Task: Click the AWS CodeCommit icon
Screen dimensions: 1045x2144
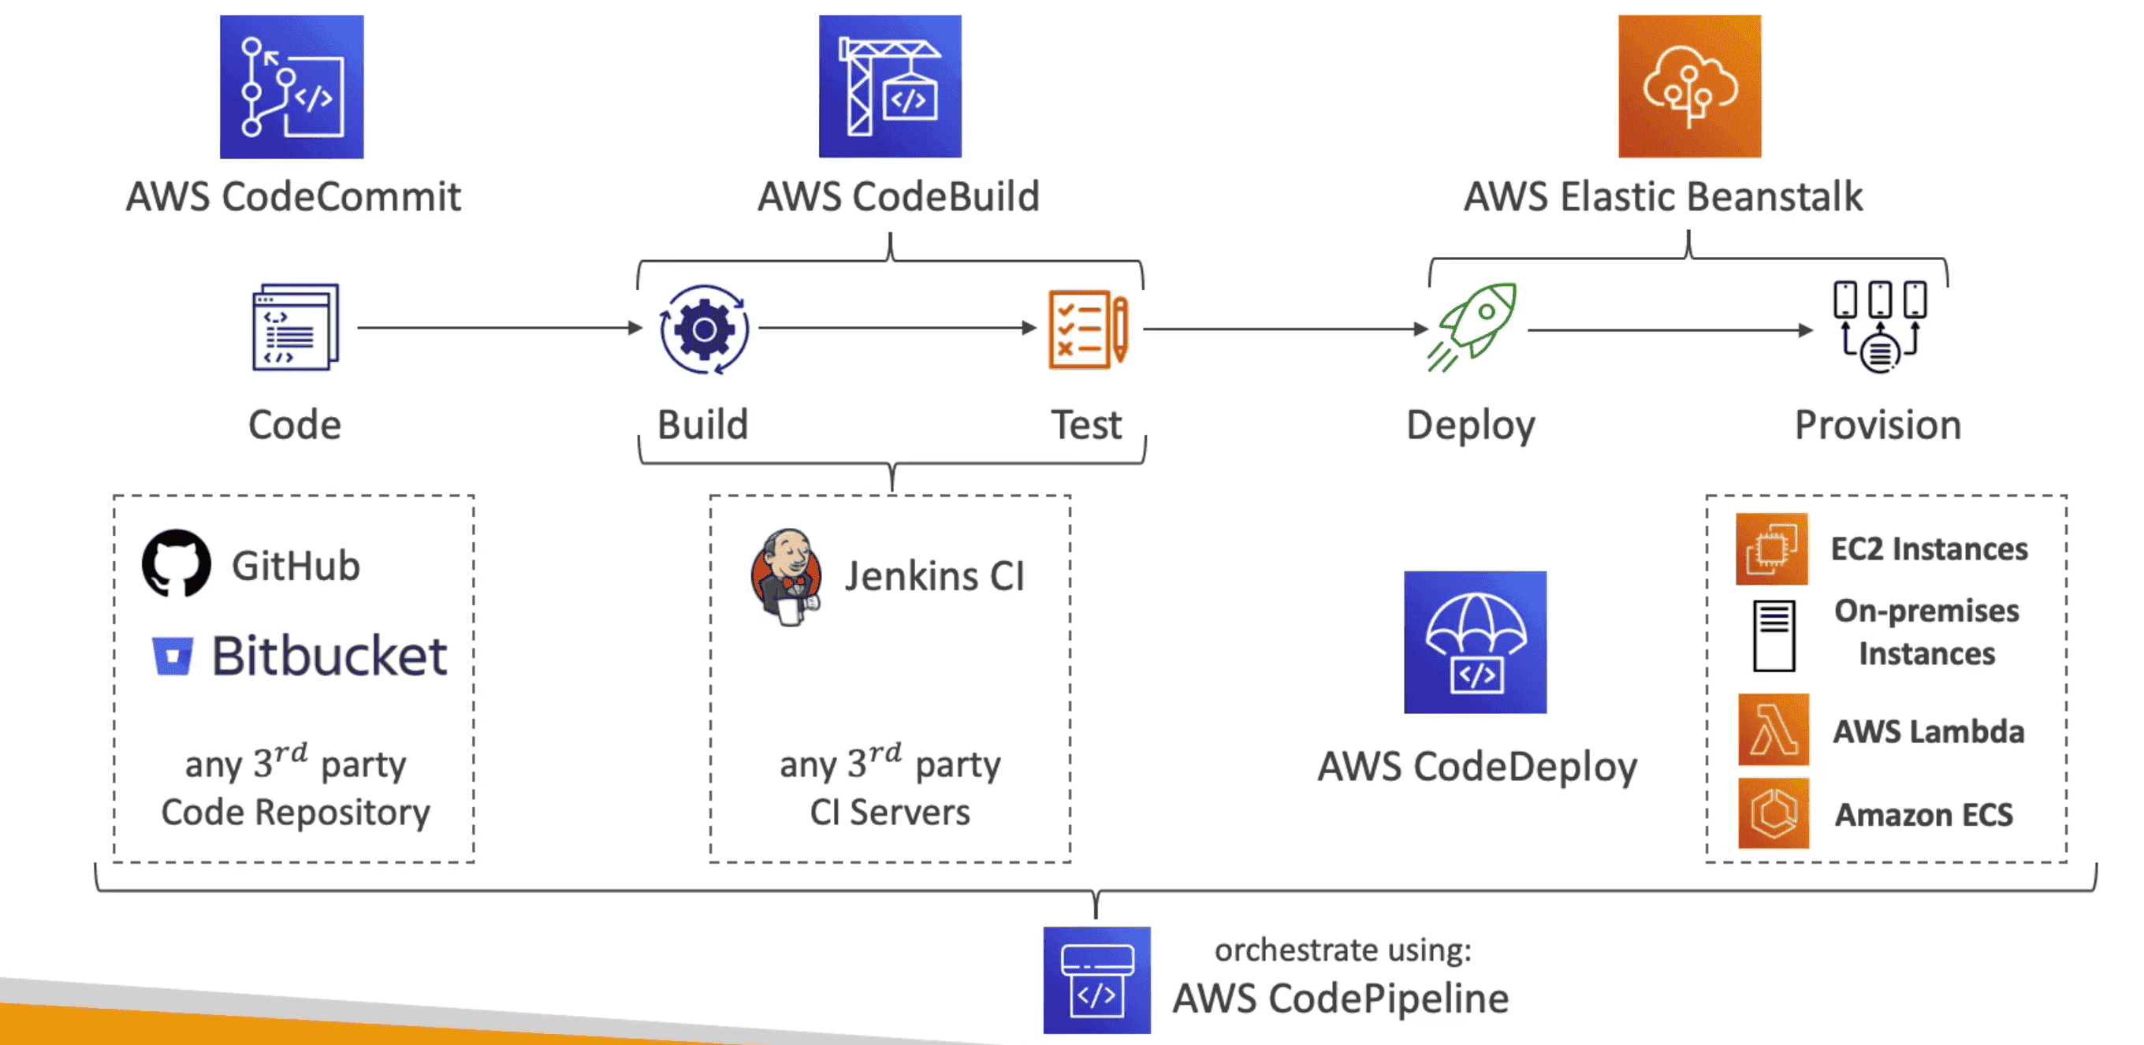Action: coord(292,87)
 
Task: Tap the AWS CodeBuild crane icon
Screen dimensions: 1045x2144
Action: coord(890,87)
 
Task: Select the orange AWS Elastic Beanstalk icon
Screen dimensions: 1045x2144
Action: coord(1688,87)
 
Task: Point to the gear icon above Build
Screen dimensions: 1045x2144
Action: coord(704,329)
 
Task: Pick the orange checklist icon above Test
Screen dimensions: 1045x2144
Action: coord(1088,329)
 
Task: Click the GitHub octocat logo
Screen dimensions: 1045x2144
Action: coord(177,563)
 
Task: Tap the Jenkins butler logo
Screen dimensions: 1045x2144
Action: coord(787,576)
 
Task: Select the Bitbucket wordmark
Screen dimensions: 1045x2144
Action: coord(329,656)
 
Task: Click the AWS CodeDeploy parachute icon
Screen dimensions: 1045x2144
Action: coord(1475,642)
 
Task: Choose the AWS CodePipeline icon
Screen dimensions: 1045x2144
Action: coord(1096,980)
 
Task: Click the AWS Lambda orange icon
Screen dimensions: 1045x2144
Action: coord(1773,730)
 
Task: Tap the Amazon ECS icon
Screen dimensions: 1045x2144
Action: coord(1773,813)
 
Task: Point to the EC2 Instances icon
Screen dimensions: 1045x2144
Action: coord(1771,549)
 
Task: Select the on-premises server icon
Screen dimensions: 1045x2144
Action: coord(1774,636)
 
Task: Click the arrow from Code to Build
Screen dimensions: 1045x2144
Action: coord(500,328)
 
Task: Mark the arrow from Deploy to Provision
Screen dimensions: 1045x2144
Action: coord(1669,330)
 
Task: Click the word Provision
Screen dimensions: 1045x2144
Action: coord(1877,425)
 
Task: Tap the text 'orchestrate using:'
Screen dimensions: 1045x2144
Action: coord(1342,950)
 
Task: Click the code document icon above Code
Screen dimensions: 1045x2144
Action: coord(296,327)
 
